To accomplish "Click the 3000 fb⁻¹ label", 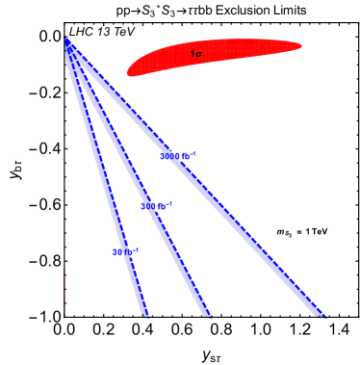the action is tap(179, 156).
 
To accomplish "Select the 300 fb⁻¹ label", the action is tap(157, 206).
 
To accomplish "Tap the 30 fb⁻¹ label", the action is tap(126, 252).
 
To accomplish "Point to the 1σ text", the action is tap(196, 54).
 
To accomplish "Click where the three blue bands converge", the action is tap(67, 43).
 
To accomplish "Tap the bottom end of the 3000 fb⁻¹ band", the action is tap(321, 314).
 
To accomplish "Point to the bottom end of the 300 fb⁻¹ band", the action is tap(206, 314).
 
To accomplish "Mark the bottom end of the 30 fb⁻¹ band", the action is tap(145, 314).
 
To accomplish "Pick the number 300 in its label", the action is tap(150, 206).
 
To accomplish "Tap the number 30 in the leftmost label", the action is tap(118, 252).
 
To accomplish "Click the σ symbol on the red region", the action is tap(199, 54).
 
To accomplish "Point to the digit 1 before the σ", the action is tap(192, 54).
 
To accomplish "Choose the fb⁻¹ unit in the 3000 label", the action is tap(190, 156).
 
